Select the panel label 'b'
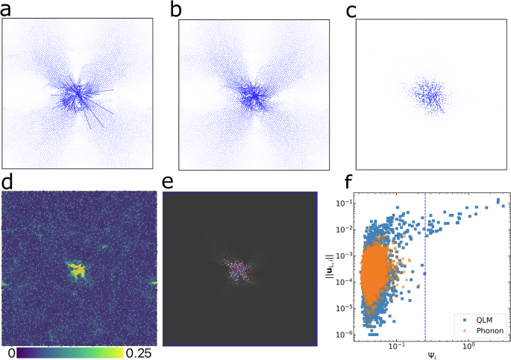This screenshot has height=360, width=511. pos(177,9)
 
